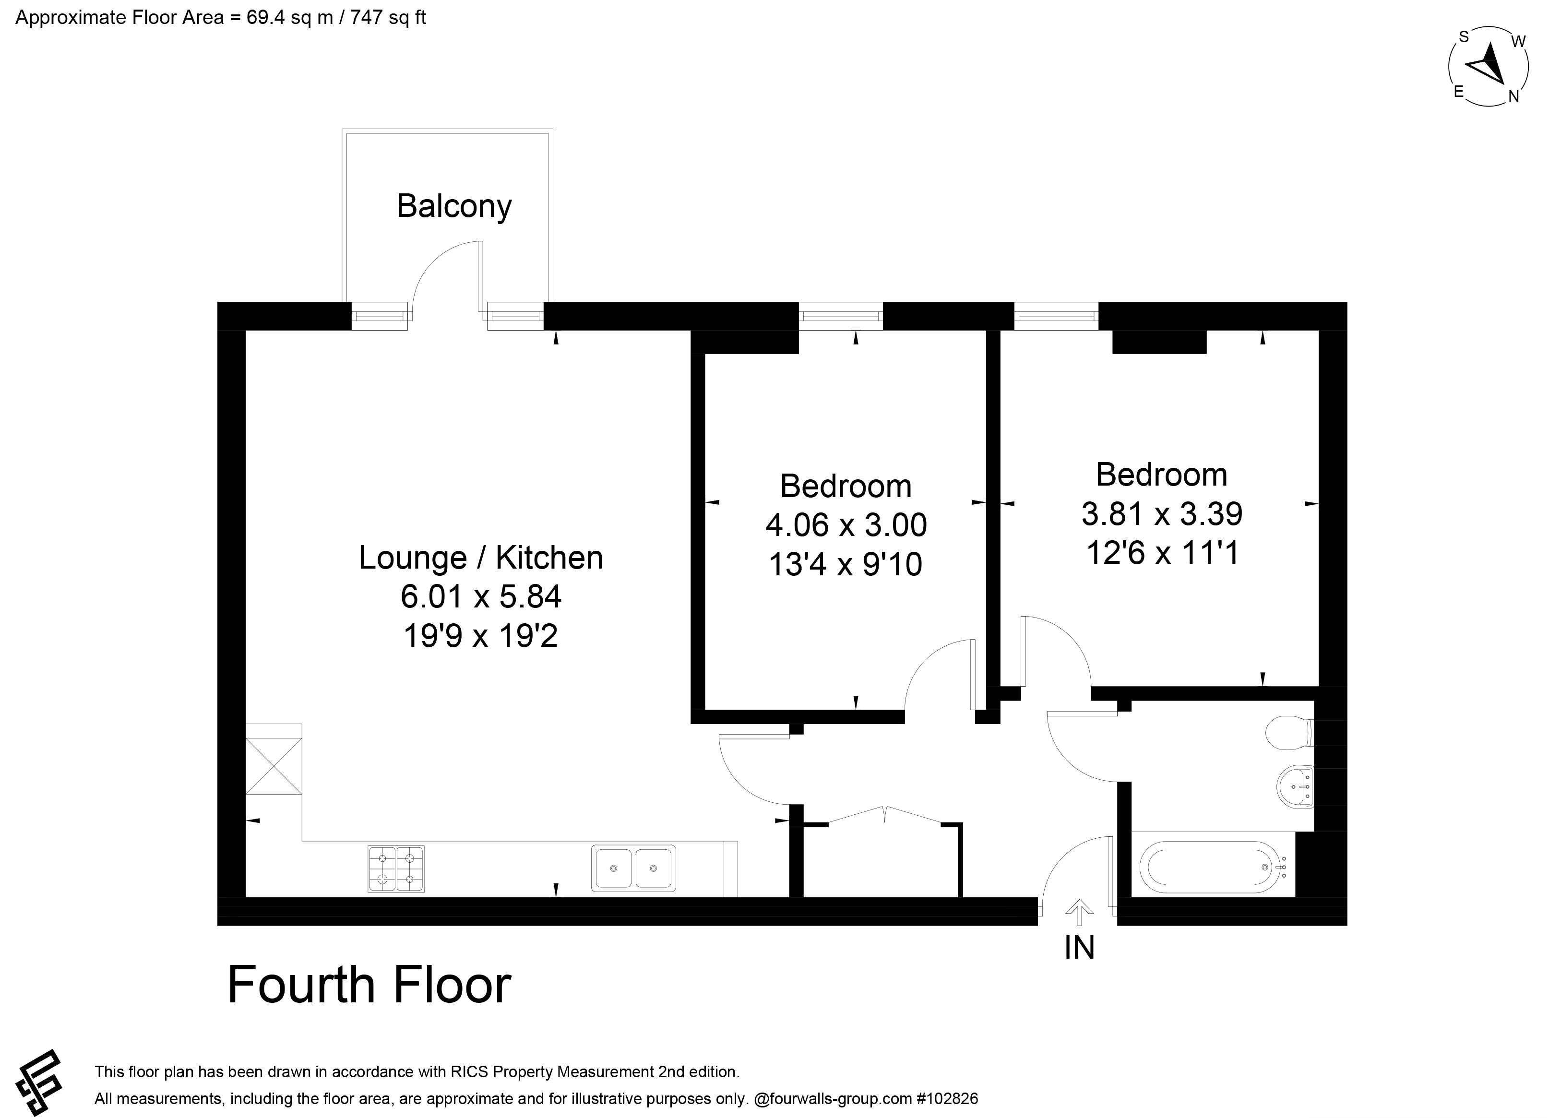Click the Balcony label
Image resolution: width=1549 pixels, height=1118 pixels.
point(454,206)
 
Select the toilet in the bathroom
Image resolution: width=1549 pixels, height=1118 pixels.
point(1289,733)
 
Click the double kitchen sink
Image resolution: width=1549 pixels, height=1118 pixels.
point(634,868)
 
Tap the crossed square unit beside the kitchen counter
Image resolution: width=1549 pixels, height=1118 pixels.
point(273,766)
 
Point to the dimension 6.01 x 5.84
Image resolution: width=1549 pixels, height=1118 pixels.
point(481,597)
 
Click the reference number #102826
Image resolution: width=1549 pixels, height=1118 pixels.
point(947,1099)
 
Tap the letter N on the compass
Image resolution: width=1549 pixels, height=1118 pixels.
point(1513,96)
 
